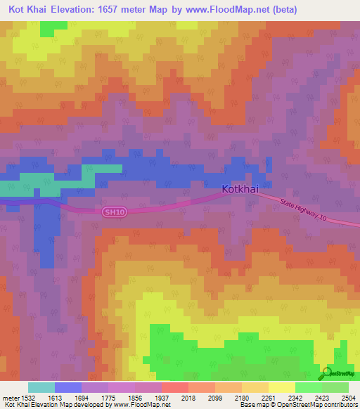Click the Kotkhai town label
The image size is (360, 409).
click(x=243, y=189)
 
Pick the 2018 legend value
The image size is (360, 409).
click(x=188, y=397)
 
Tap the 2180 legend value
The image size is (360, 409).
click(x=241, y=397)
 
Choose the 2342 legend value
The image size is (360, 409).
click(x=295, y=397)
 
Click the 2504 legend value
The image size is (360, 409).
click(x=347, y=397)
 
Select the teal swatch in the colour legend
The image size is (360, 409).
click(x=41, y=387)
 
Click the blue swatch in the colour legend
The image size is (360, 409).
click(x=68, y=387)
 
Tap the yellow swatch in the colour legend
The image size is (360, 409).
click(x=281, y=387)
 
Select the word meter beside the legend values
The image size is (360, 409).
click(x=9, y=397)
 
